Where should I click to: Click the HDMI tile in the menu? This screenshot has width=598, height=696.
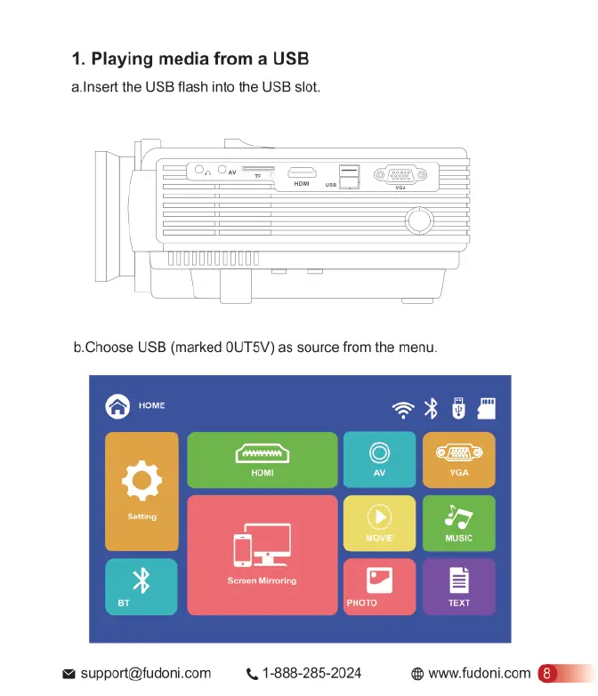[x=263, y=460]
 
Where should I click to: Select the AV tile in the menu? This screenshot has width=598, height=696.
[x=379, y=460]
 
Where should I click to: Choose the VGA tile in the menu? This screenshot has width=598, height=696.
[x=458, y=460]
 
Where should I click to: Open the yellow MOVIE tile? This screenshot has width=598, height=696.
[x=379, y=523]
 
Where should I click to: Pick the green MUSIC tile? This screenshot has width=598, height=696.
[x=458, y=523]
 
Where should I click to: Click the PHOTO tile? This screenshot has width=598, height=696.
[x=379, y=587]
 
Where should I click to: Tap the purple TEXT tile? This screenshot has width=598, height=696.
[x=458, y=587]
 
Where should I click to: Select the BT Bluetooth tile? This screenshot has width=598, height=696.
[x=141, y=587]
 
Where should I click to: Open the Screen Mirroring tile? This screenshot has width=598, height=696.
[x=263, y=555]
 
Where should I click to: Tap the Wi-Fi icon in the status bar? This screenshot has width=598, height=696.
[x=404, y=409]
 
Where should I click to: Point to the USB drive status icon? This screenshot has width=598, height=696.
[x=459, y=408]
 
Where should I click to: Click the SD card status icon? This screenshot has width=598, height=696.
[x=486, y=408]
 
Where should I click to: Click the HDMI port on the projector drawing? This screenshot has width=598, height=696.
[x=302, y=173]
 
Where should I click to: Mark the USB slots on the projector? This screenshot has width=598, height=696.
[x=350, y=177]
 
